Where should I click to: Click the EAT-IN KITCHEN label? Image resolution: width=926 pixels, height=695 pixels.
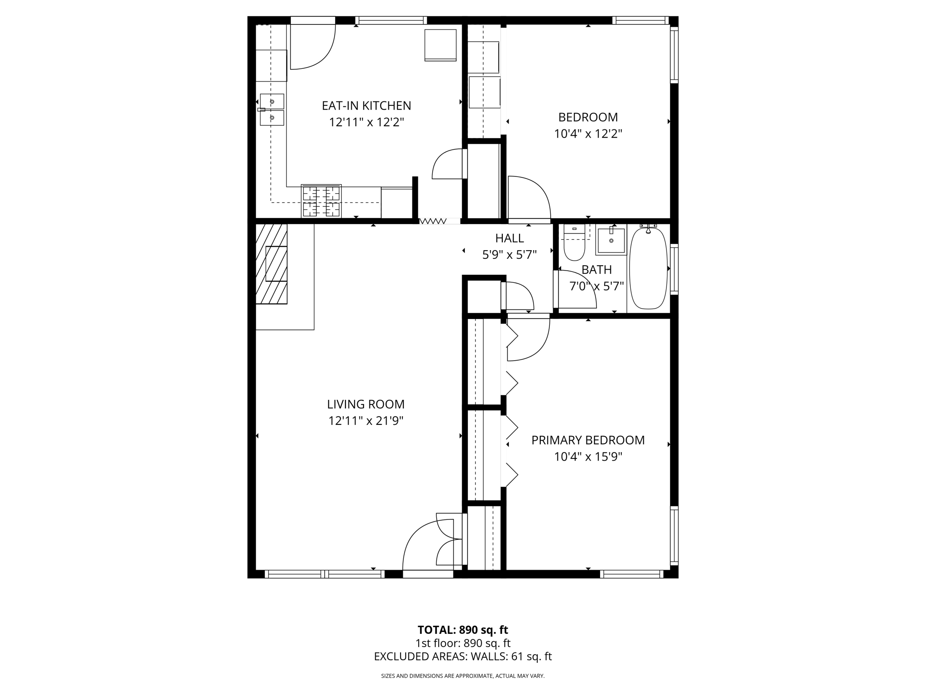point(366,106)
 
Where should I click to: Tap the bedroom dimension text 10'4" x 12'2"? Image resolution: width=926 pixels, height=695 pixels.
point(588,134)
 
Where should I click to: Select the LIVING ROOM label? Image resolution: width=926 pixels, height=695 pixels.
point(366,404)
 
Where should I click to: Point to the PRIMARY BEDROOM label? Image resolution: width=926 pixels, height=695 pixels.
point(588,440)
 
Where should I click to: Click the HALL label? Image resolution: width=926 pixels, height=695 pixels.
point(509,238)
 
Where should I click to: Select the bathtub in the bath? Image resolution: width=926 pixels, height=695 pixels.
point(648,268)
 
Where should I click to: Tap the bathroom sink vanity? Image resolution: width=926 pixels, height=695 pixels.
point(611,240)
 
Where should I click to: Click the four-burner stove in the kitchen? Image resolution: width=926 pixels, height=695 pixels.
point(321,201)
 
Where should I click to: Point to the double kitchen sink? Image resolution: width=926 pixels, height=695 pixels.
point(272,109)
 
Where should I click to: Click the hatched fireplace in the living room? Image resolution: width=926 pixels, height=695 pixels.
point(272,264)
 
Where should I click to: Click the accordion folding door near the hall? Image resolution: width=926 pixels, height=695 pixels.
point(433,221)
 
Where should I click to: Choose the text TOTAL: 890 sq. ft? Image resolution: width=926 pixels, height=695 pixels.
point(463,630)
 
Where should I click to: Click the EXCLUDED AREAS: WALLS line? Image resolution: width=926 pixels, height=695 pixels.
point(463,657)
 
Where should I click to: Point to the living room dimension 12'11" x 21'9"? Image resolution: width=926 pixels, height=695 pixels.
point(366,421)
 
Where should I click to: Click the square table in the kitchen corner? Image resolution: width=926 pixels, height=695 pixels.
point(440,45)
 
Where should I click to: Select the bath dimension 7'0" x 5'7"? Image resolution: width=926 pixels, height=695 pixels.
point(596,286)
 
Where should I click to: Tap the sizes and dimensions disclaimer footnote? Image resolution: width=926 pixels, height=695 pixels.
point(463,676)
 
